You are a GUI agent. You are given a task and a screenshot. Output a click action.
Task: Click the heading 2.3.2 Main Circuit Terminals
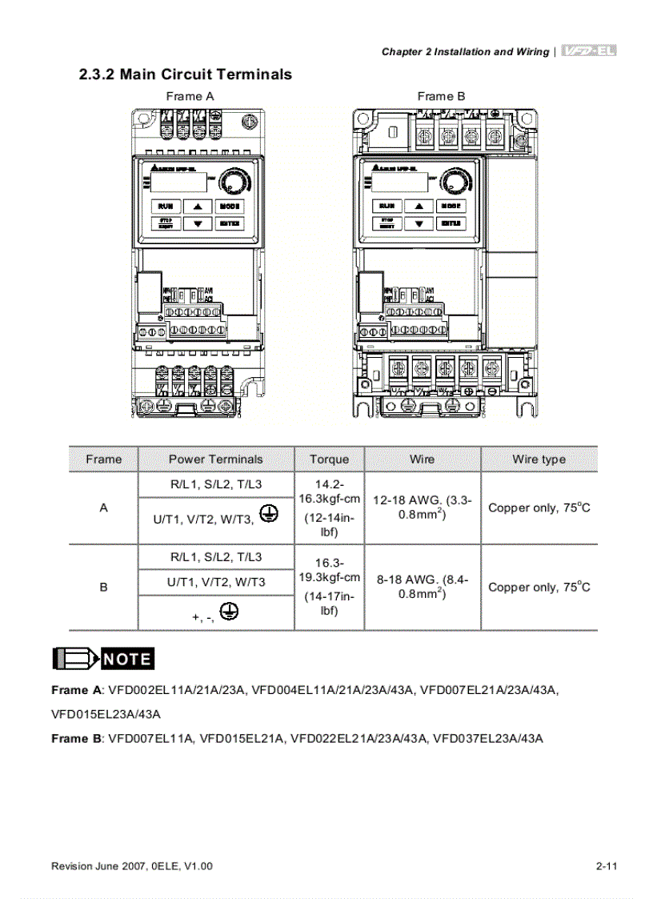click(185, 74)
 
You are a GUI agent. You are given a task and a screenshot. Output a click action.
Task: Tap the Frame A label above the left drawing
click(190, 96)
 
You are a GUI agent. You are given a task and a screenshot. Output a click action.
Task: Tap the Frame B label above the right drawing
click(441, 96)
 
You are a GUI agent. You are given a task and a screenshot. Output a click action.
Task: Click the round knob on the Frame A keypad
click(235, 181)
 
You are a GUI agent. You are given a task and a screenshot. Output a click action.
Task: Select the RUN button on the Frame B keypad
click(387, 206)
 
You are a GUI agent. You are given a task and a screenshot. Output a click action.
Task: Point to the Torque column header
click(329, 460)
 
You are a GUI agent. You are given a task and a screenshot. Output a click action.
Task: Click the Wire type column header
click(539, 460)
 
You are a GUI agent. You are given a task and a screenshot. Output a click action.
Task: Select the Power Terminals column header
click(215, 460)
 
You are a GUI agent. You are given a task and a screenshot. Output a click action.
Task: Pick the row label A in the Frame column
click(103, 508)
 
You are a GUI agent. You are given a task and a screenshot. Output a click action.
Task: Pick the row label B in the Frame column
click(103, 587)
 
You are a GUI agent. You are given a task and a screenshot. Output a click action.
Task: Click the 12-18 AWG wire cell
click(422, 508)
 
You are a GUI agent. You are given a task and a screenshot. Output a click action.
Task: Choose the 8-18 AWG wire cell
click(422, 586)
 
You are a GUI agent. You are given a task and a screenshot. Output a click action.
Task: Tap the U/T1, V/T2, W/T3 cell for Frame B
click(216, 582)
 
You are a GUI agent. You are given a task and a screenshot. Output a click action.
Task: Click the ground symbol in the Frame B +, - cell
click(230, 613)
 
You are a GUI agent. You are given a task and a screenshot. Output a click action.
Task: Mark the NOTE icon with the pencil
click(103, 659)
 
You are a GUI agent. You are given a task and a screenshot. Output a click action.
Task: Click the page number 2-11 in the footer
click(607, 866)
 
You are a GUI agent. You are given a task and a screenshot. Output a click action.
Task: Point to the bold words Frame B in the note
click(77, 738)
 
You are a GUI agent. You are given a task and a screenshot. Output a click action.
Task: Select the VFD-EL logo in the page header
click(588, 51)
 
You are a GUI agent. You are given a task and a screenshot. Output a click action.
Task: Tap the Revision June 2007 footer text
click(132, 866)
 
